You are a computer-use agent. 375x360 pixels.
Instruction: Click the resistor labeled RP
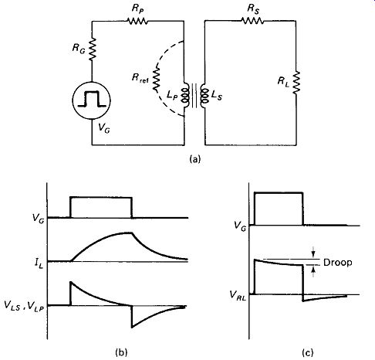click(x=137, y=21)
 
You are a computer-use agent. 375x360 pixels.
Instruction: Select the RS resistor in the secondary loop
click(x=252, y=20)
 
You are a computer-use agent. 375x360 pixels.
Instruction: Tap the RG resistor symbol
click(x=92, y=49)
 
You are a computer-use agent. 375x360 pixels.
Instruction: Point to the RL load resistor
click(x=296, y=83)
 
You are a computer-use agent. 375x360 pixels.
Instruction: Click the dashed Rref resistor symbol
click(x=156, y=79)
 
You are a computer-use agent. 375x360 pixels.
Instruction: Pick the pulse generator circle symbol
click(x=92, y=100)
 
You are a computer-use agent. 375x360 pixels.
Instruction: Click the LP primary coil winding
click(x=186, y=96)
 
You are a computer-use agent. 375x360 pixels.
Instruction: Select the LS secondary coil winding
click(x=204, y=96)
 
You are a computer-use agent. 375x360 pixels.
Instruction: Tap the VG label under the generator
click(x=104, y=127)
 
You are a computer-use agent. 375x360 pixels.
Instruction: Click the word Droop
click(x=337, y=263)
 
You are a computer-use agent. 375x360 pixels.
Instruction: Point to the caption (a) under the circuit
click(x=194, y=159)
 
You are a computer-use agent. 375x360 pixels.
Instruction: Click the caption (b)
click(x=121, y=352)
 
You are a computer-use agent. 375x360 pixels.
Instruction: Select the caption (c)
click(x=308, y=352)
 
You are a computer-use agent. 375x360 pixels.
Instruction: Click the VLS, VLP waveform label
click(x=24, y=305)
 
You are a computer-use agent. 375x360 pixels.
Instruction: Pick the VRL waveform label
click(x=238, y=295)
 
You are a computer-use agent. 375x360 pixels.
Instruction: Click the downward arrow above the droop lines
click(x=313, y=252)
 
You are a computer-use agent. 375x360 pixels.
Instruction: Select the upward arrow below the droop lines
click(x=313, y=272)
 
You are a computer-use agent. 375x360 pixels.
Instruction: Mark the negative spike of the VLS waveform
click(x=132, y=328)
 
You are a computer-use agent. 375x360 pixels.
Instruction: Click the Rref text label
click(x=140, y=78)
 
